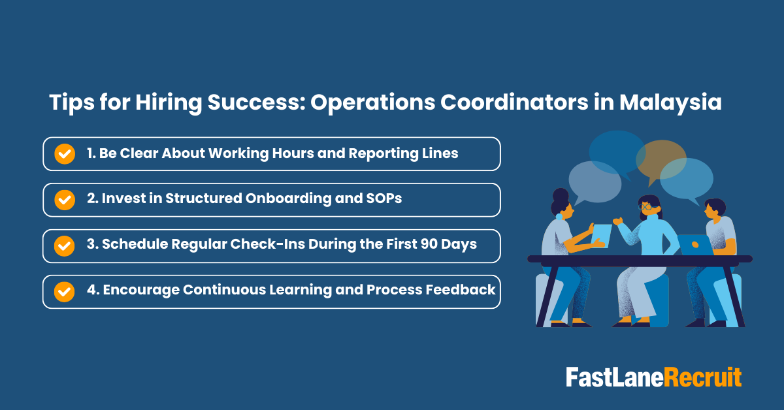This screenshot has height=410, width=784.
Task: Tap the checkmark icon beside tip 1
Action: point(64,154)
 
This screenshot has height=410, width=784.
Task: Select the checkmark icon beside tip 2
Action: point(64,200)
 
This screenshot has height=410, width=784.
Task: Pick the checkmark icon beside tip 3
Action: point(64,245)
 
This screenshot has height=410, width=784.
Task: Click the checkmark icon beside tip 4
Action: point(64,291)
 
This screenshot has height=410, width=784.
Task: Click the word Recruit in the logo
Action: point(703,377)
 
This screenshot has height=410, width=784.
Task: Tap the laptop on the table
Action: point(694,244)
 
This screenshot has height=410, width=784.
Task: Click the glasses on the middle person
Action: point(644,207)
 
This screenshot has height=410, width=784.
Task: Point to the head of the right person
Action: point(715,210)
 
